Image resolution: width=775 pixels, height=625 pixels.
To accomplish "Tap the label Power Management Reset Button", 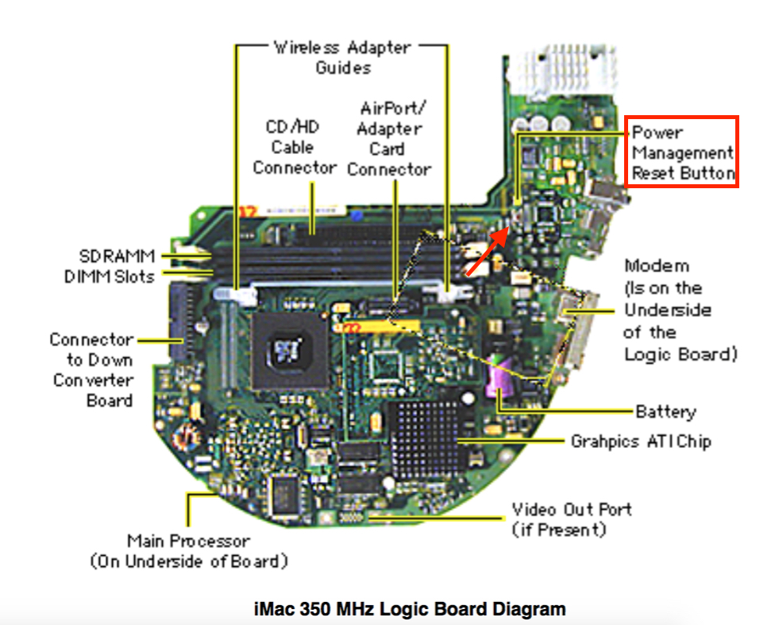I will click(682, 152).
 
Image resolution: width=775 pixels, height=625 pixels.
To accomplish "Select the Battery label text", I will click(665, 411).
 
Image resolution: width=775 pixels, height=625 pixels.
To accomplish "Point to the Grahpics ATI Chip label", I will click(640, 441).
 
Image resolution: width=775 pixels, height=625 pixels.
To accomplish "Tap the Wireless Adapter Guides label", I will click(343, 57).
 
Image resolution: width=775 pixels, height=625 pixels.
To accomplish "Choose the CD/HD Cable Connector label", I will click(294, 148).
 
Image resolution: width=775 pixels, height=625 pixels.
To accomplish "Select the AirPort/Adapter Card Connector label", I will click(390, 137).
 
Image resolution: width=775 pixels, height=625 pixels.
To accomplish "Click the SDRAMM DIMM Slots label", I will click(110, 266).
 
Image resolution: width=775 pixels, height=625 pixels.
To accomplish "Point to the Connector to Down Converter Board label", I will click(92, 369).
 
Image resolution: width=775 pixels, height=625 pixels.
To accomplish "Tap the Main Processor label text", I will click(188, 551).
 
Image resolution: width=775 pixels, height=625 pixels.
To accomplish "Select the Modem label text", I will click(679, 310).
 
